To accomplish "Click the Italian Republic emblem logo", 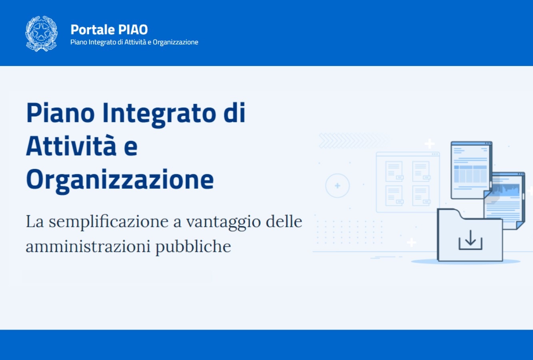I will point(41,34).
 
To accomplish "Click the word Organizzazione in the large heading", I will point(120,179).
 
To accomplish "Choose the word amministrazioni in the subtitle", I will point(88,246).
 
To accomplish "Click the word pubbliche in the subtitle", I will point(193,246).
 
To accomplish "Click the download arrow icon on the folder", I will point(470,240).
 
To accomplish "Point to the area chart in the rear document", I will point(506,191).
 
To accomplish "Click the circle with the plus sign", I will point(337,186).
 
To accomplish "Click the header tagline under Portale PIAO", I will point(134,42).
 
